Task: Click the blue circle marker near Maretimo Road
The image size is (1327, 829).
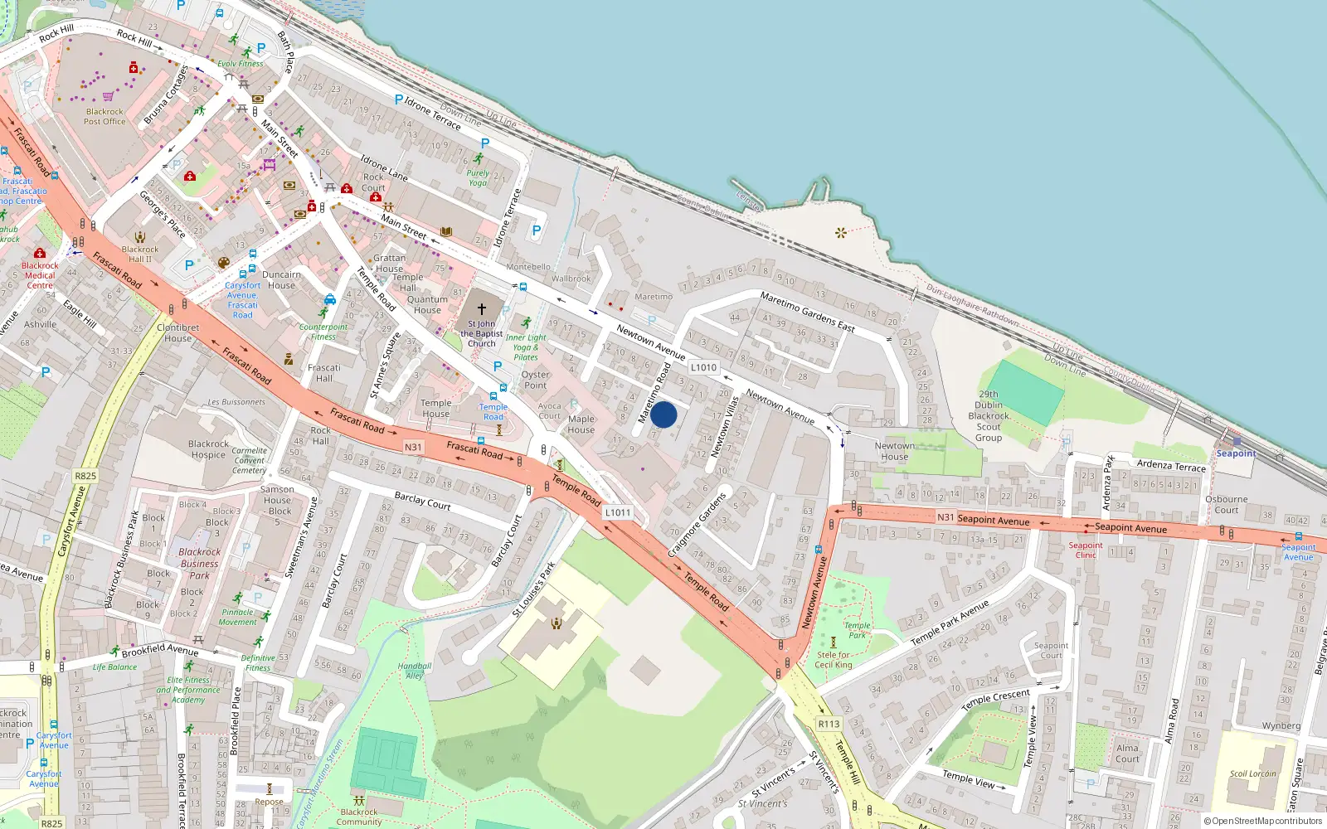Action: click(x=663, y=414)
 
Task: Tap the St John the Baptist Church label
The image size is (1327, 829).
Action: click(x=481, y=334)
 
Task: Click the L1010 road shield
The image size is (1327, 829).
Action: click(x=703, y=367)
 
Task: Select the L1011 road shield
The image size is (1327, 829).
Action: click(x=617, y=512)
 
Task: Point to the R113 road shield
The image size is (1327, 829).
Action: click(x=829, y=724)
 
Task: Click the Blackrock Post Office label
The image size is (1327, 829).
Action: click(x=105, y=117)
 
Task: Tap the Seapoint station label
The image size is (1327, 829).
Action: click(x=1236, y=453)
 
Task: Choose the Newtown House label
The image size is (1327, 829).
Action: click(x=894, y=451)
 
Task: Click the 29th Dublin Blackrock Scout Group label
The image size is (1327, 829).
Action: click(x=989, y=416)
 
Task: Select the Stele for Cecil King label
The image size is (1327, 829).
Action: click(x=833, y=660)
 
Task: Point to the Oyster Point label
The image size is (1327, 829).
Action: click(x=535, y=380)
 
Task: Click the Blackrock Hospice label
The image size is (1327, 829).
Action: click(x=208, y=449)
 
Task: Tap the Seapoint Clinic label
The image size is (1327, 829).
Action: click(x=1086, y=550)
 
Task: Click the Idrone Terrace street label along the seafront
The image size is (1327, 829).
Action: click(x=433, y=114)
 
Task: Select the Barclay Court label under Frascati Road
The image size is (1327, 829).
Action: click(x=422, y=500)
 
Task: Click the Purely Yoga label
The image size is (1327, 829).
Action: click(x=478, y=178)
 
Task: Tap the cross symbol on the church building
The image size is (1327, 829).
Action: click(x=481, y=308)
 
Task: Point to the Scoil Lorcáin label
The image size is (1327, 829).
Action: click(x=1252, y=773)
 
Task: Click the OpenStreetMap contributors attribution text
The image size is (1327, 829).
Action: click(x=1263, y=822)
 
